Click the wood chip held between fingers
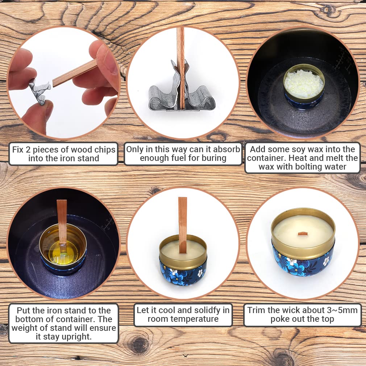pyautogui.click(x=75, y=73)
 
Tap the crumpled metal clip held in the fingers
pyautogui.click(x=39, y=91)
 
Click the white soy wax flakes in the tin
pyautogui.click(x=304, y=84)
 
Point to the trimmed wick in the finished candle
pyautogui.click(x=303, y=234)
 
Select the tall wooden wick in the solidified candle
pyautogui.click(x=183, y=225)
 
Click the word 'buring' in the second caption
pyautogui.click(x=214, y=158)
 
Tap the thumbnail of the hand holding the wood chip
pyautogui.click(x=64, y=82)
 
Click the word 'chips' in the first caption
pyautogui.click(x=105, y=150)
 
